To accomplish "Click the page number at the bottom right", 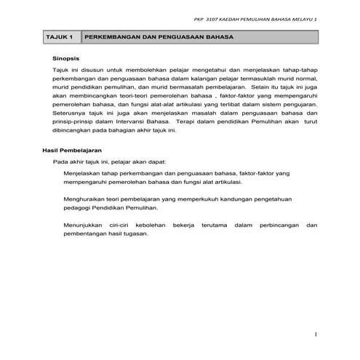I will point(316,335).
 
